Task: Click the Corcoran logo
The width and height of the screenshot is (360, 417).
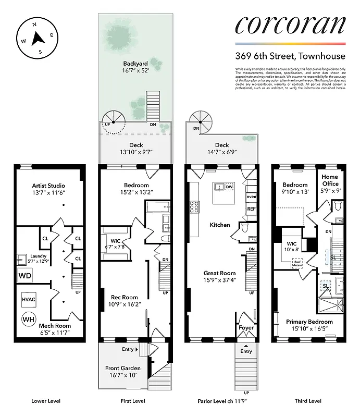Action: (290, 24)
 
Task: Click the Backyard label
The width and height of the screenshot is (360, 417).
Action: (135, 64)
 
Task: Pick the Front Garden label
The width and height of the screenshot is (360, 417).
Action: (123, 368)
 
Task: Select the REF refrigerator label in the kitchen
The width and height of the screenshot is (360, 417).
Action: (251, 209)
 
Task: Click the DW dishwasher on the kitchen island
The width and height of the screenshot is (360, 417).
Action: (230, 186)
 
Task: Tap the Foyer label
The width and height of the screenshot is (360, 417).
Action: (246, 328)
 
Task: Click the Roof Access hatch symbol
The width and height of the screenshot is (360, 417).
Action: (297, 263)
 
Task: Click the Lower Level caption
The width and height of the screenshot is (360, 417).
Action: (46, 401)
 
